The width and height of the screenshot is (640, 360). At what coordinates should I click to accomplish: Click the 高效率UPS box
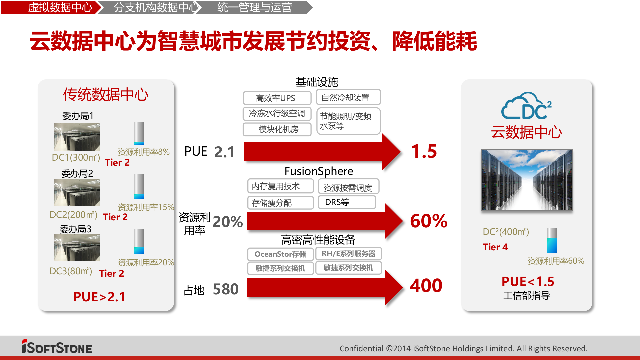coord(277,98)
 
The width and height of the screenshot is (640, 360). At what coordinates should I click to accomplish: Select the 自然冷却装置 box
coord(348,97)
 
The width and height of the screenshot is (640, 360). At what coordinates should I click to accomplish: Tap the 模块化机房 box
coord(277,129)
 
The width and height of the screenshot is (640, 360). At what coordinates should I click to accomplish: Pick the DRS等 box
coord(347,202)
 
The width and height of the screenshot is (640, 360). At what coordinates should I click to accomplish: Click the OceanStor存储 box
coord(280,254)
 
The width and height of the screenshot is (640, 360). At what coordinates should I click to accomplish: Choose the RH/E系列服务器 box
coord(348,254)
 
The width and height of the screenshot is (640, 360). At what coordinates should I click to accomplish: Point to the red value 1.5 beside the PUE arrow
coord(424,151)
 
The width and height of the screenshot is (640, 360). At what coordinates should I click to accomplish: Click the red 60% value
coord(429,221)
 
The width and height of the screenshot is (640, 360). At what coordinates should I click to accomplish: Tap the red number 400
coord(426,286)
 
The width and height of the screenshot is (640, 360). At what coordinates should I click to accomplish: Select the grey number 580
coord(226,289)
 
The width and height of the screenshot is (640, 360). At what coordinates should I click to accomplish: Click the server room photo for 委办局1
coord(77,137)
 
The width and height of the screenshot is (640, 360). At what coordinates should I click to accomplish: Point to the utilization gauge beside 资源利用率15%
coord(139,186)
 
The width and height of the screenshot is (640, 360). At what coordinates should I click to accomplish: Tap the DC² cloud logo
coord(526,106)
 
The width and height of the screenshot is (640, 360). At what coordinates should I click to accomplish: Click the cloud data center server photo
coord(527,180)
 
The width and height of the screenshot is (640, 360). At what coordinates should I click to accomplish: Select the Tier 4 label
coord(495,247)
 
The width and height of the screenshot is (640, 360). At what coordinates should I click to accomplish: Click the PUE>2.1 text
coord(99,297)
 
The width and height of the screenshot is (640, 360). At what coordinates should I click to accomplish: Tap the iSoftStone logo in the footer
coord(57,347)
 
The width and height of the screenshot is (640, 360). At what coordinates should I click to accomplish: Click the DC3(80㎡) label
coord(71,271)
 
